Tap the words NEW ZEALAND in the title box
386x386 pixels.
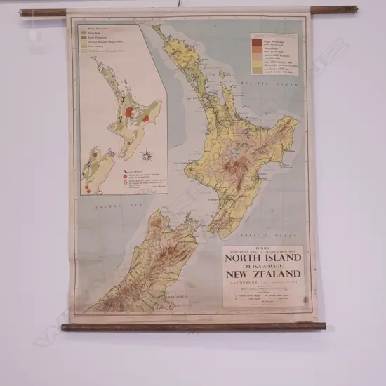click(265, 274)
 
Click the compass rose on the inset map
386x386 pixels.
click(147, 156)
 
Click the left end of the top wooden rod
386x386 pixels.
click(23, 12)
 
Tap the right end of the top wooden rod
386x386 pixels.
click(354, 10)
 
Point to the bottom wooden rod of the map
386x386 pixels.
click(193, 326)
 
